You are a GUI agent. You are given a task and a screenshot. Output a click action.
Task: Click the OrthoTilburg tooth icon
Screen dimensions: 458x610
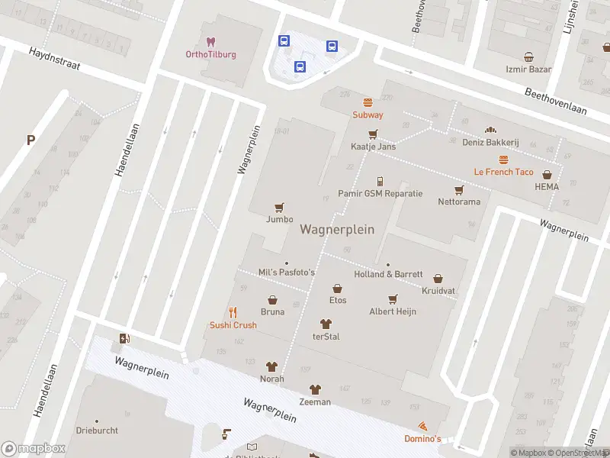pos(210,41)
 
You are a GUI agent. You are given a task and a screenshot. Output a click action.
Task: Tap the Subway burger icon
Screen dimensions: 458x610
pos(368,102)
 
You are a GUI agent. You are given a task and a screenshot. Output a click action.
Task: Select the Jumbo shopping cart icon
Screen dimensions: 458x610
pos(280,207)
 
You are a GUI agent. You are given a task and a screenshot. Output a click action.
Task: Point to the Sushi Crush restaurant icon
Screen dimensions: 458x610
pos(233,312)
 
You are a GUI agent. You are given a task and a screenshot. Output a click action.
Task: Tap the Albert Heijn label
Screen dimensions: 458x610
pos(393,311)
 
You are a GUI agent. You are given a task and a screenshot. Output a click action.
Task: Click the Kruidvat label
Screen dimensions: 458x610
pos(438,291)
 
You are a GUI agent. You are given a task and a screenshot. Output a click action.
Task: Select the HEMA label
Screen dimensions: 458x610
pos(546,187)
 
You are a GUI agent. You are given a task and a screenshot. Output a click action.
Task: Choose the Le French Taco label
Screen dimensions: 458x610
pos(503,172)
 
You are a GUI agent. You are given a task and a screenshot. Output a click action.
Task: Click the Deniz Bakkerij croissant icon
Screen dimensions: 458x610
pos(490,130)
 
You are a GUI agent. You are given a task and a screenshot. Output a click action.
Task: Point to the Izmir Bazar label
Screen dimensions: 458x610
pos(528,69)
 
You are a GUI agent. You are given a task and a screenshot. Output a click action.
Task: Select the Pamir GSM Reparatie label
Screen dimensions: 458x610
pos(380,193)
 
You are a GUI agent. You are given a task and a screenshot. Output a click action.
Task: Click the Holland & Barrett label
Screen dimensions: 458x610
pos(388,274)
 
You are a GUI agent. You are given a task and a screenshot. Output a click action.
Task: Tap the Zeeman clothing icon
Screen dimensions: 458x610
pos(315,389)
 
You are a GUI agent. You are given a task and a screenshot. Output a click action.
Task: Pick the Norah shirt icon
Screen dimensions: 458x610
pos(271,366)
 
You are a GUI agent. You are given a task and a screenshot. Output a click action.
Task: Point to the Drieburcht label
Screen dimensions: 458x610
pos(96,431)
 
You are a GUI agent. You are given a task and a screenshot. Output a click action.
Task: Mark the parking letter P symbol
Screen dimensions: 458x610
pos(30,140)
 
